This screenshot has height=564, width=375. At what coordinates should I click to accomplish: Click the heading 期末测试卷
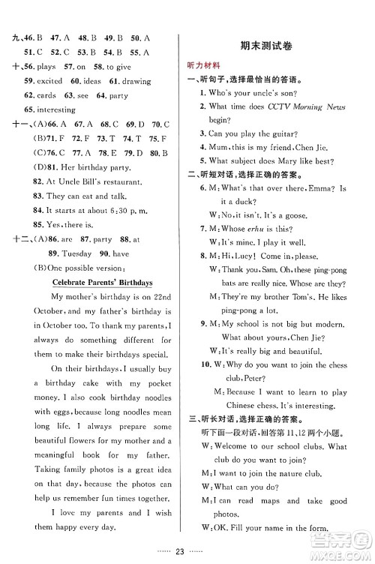[x=277, y=46]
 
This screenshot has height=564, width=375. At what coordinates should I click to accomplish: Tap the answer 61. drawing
[x=121, y=80]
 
